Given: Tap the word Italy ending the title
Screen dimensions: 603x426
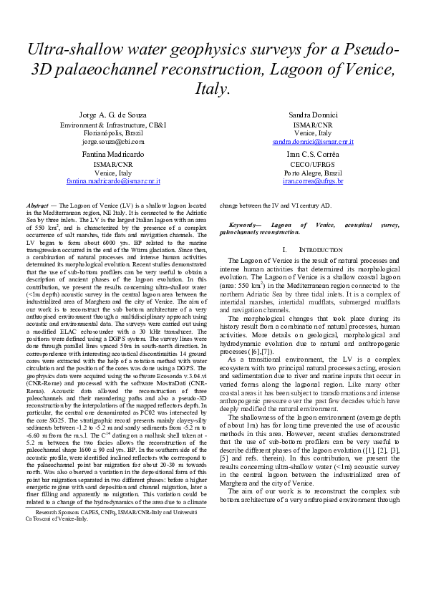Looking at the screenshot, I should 212,90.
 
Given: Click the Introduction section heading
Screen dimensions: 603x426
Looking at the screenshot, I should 317,249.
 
